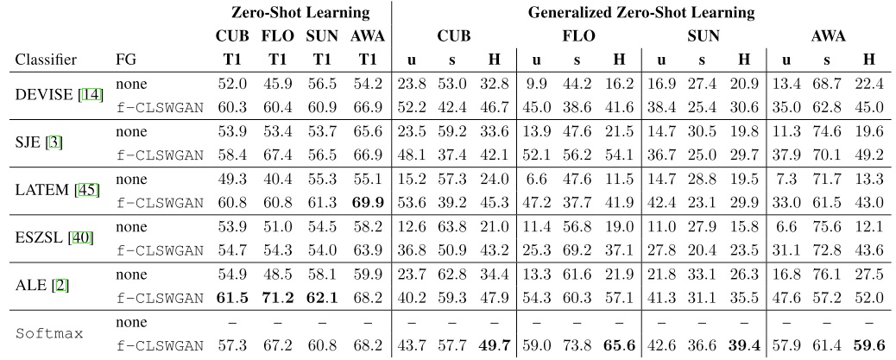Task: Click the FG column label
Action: click(x=125, y=60)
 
